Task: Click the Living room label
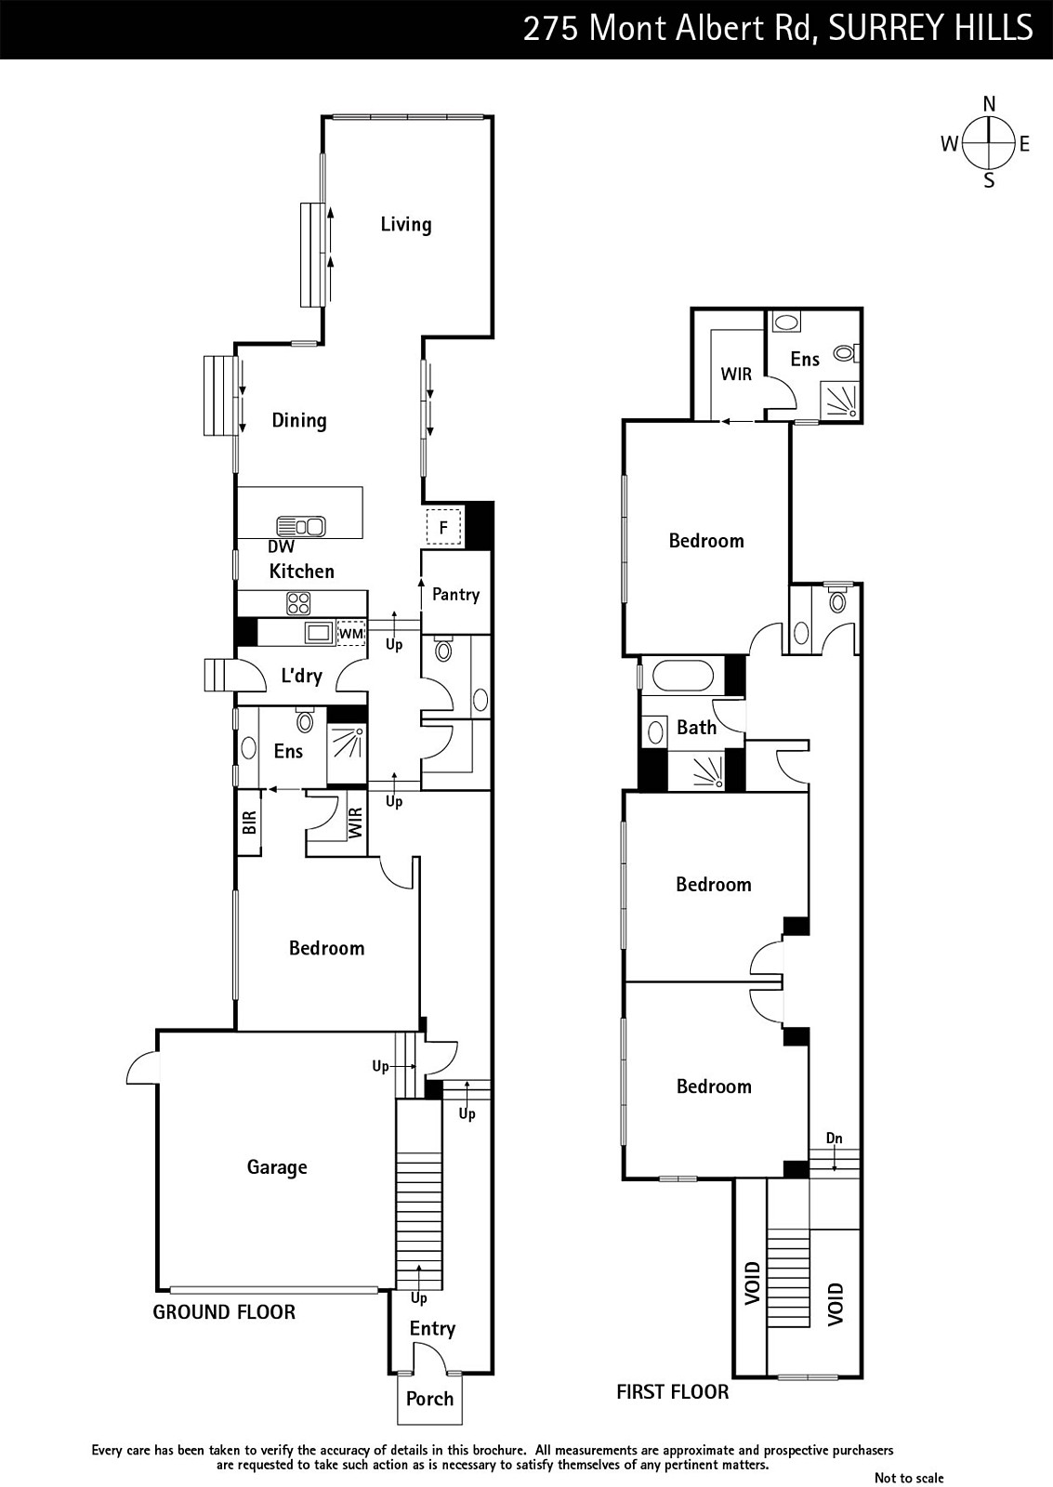tap(405, 224)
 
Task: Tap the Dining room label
tap(298, 420)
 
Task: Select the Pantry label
tap(455, 594)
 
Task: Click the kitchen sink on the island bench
tap(301, 526)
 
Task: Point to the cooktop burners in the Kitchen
tap(298, 603)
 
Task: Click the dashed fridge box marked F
tap(443, 527)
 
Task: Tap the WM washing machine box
tap(351, 633)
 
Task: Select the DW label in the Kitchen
tap(281, 546)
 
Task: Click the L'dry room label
tap(301, 676)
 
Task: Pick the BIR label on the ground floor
tap(249, 823)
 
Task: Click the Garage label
tap(277, 1167)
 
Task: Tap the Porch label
tap(429, 1399)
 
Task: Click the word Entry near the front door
tap(432, 1328)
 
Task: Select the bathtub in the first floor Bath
tap(683, 678)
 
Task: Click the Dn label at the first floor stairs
tap(834, 1138)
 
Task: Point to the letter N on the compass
tap(989, 104)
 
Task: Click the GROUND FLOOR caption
tap(224, 1312)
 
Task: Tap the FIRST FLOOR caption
tap(673, 1392)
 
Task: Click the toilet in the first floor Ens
tap(847, 352)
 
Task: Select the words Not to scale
tap(909, 1478)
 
